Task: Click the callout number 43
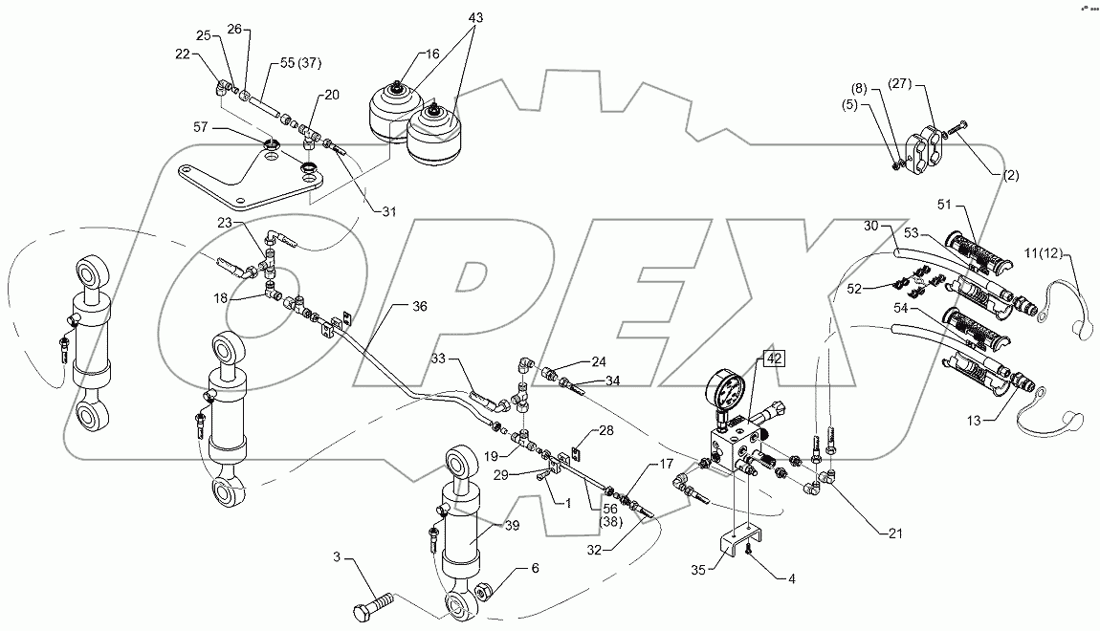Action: coord(450,18)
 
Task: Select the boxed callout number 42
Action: coord(772,359)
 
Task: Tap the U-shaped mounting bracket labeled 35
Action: coord(742,546)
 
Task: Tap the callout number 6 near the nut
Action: coord(536,568)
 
